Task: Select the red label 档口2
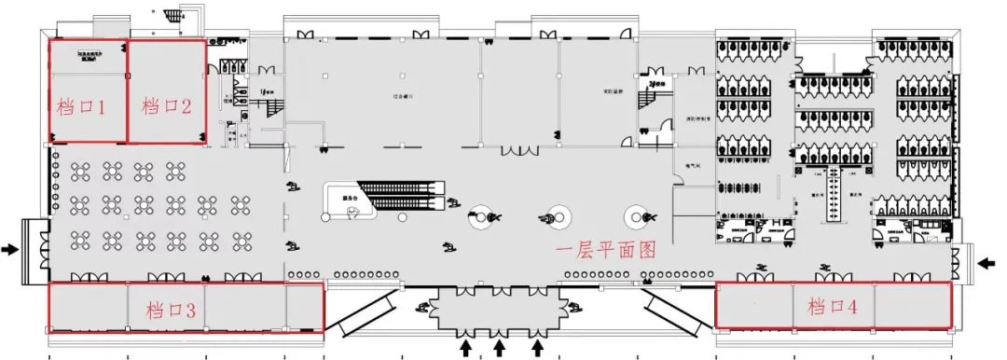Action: click(166, 106)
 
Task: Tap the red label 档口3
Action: click(172, 310)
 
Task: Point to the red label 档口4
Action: click(833, 306)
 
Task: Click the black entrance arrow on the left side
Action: click(10, 249)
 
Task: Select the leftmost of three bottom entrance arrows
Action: click(466, 348)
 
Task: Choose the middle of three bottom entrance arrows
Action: click(500, 348)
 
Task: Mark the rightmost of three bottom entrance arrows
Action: click(538, 348)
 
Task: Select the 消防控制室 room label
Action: click(699, 118)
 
